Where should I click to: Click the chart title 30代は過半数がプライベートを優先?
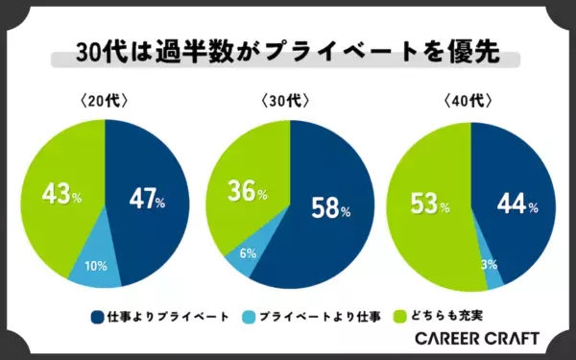click(288, 53)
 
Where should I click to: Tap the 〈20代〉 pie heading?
click(105, 100)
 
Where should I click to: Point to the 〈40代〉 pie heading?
click(469, 100)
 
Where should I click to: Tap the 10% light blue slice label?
click(96, 265)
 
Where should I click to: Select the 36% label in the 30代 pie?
click(247, 192)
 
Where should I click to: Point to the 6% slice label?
click(247, 254)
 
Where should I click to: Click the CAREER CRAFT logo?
click(476, 339)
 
